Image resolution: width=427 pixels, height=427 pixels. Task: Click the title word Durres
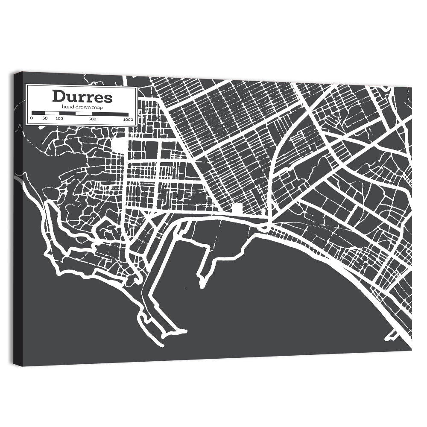(82, 97)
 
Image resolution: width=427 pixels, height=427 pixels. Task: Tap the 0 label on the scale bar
(32, 118)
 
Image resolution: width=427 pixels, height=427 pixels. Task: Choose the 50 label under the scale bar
(45, 118)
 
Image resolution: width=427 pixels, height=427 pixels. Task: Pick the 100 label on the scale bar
(59, 118)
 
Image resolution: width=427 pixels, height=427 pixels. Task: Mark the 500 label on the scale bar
(92, 119)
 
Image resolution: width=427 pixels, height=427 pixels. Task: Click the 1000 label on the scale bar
(127, 119)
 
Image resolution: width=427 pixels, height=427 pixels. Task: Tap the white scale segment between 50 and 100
(52, 114)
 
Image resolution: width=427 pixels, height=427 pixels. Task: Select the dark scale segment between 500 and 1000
(110, 114)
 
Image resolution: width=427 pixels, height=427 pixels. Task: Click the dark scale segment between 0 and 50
(38, 114)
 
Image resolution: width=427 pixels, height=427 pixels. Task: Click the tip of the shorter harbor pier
(201, 284)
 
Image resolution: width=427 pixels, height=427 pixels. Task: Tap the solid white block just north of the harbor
(237, 208)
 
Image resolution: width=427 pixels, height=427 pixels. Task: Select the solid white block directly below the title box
(120, 144)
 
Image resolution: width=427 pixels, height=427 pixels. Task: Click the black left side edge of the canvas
(18, 218)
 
